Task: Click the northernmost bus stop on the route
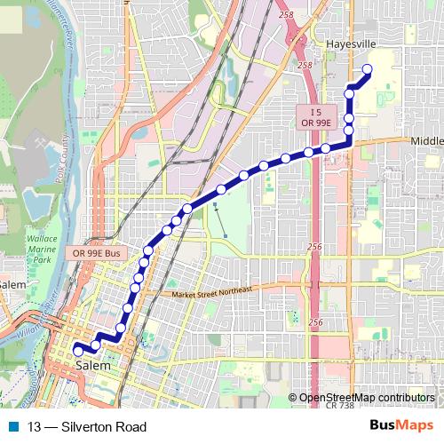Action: click(x=367, y=70)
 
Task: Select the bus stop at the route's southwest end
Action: click(x=77, y=350)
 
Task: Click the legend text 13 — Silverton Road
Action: click(x=87, y=427)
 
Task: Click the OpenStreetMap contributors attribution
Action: click(x=367, y=397)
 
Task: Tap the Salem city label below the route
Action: click(x=93, y=365)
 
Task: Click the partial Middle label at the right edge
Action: click(x=427, y=141)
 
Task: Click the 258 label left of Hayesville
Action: click(x=305, y=66)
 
